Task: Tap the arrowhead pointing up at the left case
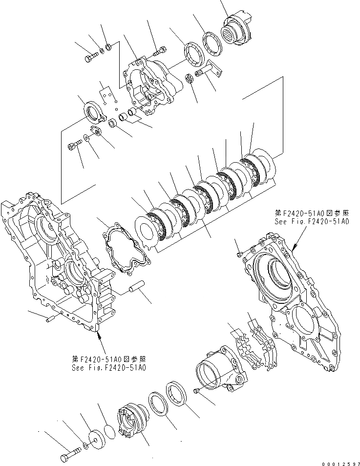99,335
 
